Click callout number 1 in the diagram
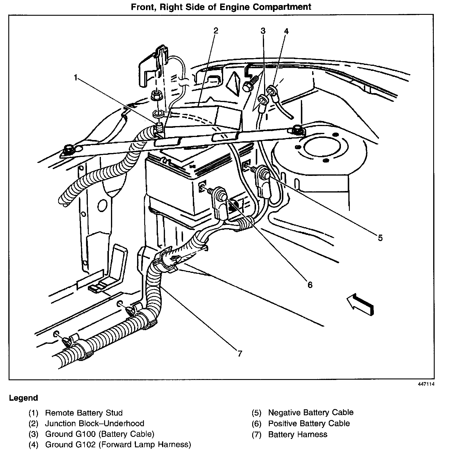76,78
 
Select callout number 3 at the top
263,31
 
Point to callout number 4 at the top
286,31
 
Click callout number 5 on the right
380,238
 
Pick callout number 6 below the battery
310,285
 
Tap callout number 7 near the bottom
240,353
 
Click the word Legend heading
23,398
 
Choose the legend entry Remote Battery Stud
84,413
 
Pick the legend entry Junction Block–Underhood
94,423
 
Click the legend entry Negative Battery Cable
311,413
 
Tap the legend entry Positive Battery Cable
309,423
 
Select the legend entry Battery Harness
298,435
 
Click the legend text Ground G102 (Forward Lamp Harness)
118,445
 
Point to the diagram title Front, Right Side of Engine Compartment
221,7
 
